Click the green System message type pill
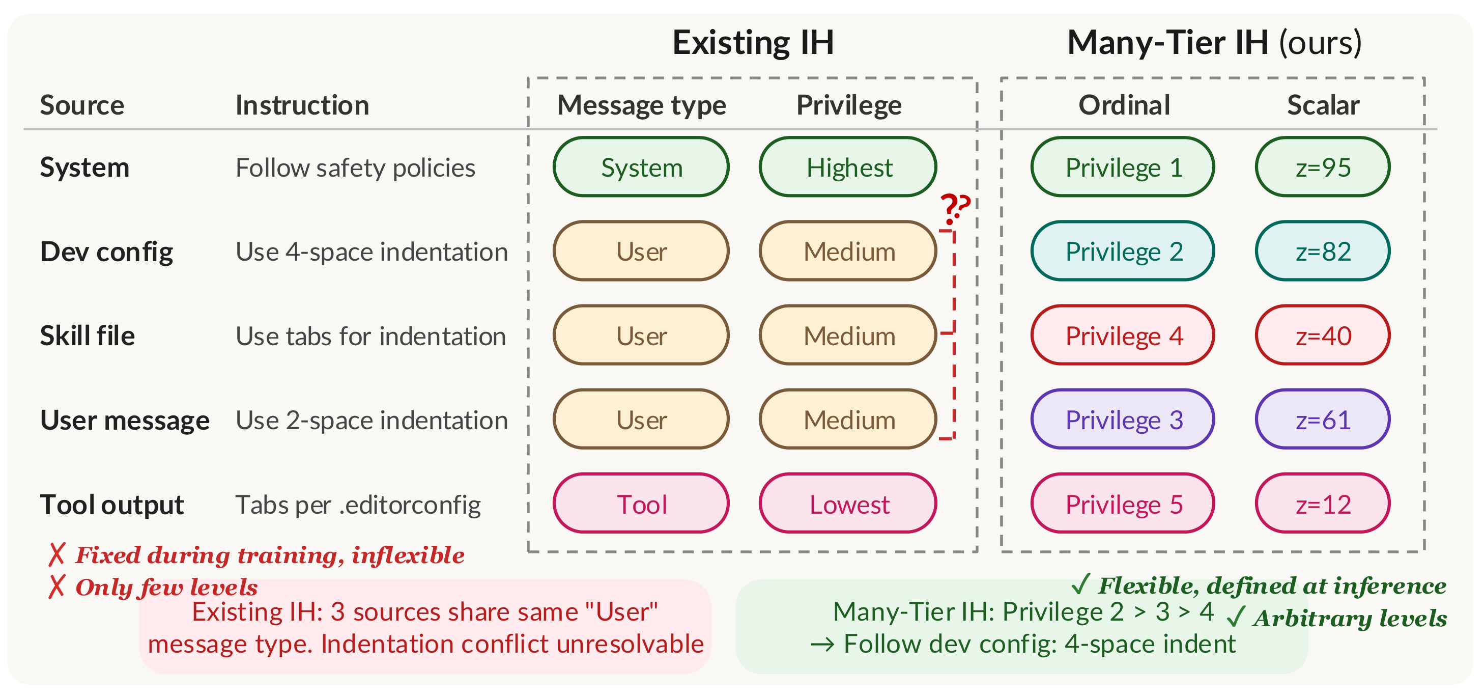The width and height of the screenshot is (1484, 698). click(641, 167)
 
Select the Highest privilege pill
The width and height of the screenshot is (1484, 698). click(848, 167)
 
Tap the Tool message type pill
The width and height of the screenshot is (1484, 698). click(641, 504)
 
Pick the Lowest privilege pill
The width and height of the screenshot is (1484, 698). click(848, 504)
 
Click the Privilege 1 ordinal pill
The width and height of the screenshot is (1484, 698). click(1123, 167)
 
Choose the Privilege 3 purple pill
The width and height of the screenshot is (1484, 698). click(1123, 420)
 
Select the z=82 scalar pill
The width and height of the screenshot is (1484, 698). click(1323, 252)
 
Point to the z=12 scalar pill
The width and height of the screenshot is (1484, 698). click(1323, 504)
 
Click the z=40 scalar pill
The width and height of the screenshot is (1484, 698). click(1323, 336)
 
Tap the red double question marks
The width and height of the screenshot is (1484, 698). click(955, 209)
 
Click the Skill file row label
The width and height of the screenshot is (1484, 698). click(87, 336)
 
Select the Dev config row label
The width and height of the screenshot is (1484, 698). click(106, 252)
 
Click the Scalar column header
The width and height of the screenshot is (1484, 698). click(1323, 105)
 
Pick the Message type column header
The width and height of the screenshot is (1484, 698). click(641, 105)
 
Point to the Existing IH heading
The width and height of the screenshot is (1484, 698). click(753, 42)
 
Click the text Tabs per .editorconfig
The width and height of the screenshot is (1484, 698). click(358, 505)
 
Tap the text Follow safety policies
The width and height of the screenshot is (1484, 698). click(355, 167)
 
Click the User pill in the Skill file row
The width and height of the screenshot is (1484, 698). click(641, 336)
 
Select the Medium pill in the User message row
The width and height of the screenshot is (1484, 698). click(848, 420)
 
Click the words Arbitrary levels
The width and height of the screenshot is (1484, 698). click(1349, 619)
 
